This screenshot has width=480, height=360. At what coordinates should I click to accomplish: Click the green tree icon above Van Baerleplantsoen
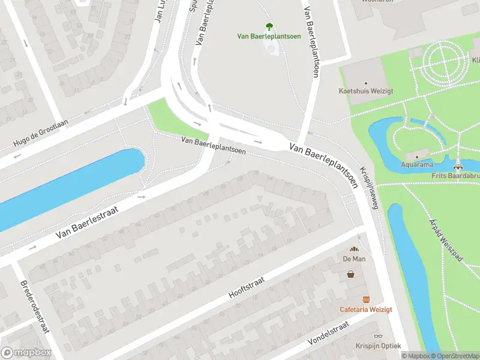tap(269, 26)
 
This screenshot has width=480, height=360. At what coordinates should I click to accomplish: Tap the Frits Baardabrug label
tap(455, 176)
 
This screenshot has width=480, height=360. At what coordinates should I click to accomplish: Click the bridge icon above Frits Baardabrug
tap(458, 167)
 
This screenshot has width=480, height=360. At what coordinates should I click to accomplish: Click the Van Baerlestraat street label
tap(85, 221)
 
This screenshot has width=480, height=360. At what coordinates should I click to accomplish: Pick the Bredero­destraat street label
tap(34, 310)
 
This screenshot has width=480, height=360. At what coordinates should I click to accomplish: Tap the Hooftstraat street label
tap(250, 284)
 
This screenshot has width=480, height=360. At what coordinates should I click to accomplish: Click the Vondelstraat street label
tap(328, 333)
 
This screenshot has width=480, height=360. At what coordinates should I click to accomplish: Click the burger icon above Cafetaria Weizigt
tap(365, 299)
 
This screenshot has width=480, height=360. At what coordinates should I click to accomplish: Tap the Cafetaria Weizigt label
tap(365, 310)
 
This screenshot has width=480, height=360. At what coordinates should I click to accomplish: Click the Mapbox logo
tap(25, 353)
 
